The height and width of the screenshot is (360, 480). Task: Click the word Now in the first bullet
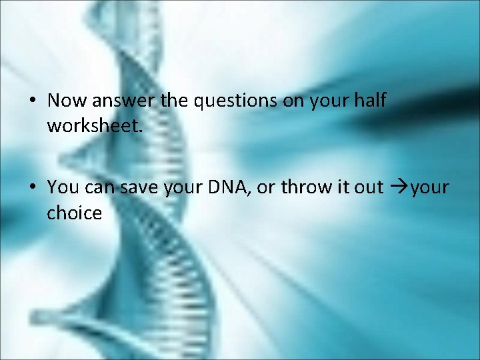[63, 101]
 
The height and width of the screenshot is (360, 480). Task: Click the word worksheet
[94, 125]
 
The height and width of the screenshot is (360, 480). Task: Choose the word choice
[74, 213]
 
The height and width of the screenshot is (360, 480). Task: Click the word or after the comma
[265, 188]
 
